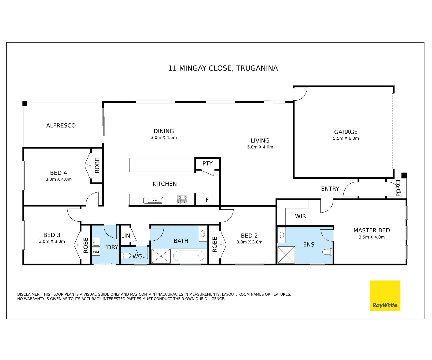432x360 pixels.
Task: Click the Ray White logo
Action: pyautogui.click(x=385, y=296)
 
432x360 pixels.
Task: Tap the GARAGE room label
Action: pyautogui.click(x=346, y=132)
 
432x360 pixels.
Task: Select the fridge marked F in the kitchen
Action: pyautogui.click(x=207, y=199)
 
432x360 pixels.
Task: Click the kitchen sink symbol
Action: pyautogui.click(x=153, y=200)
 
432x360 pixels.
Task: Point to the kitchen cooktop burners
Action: pyautogui.click(x=182, y=199)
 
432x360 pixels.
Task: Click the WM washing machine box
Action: pyautogui.click(x=96, y=252)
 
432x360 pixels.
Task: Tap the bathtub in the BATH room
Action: pyautogui.click(x=189, y=256)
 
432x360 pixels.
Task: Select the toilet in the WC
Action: pyautogui.click(x=126, y=256)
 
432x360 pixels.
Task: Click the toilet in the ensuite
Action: pyautogui.click(x=327, y=252)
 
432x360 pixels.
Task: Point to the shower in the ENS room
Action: pyautogui.click(x=286, y=255)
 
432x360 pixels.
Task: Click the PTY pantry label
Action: pyautogui.click(x=207, y=163)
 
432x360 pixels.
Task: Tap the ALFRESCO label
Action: pyautogui.click(x=61, y=125)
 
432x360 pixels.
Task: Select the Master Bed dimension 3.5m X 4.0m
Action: pyautogui.click(x=372, y=237)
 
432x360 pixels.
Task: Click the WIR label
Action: pyautogui.click(x=300, y=216)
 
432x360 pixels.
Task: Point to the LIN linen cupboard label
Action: pyautogui.click(x=126, y=235)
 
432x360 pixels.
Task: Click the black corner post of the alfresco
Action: pyautogui.click(x=25, y=103)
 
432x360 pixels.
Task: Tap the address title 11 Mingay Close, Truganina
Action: pyautogui.click(x=223, y=68)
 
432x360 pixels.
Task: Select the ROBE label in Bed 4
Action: pyautogui.click(x=97, y=165)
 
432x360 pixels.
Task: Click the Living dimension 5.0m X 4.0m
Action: pyautogui.click(x=260, y=147)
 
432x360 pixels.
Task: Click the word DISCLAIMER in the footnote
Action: pyautogui.click(x=29, y=294)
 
